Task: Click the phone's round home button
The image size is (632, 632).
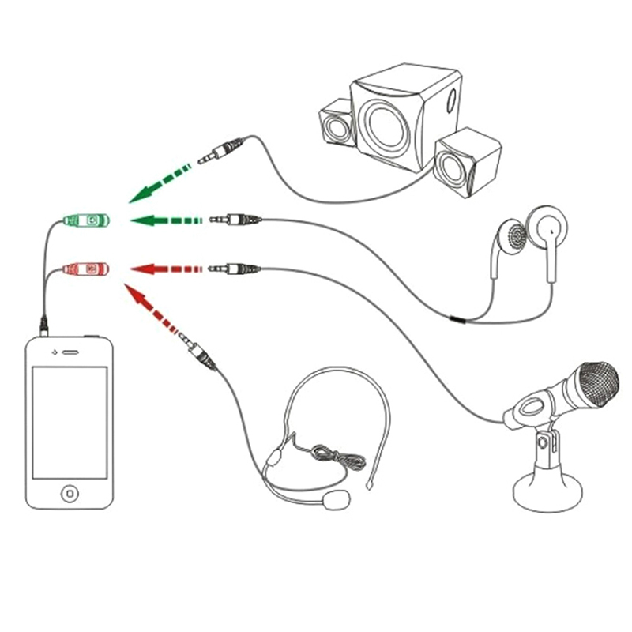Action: (70, 494)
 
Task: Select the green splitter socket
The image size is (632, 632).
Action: (87, 220)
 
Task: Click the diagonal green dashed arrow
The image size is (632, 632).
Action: (162, 180)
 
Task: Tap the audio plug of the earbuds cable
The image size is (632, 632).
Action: (234, 219)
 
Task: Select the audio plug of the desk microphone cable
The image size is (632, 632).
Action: (234, 270)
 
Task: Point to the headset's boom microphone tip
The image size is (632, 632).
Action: (339, 499)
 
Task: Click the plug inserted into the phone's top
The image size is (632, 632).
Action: (44, 325)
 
